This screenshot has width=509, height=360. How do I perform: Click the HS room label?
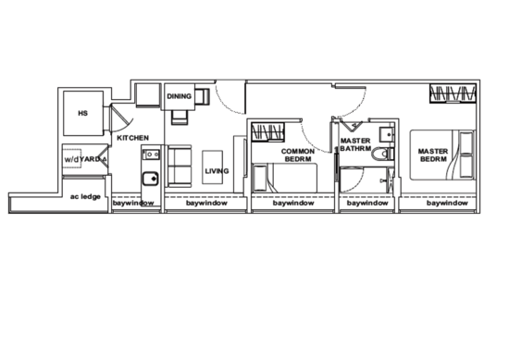[82, 114]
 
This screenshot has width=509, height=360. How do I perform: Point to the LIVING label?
[217, 171]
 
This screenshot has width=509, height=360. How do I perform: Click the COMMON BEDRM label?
[299, 154]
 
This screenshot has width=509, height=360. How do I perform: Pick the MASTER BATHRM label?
[355, 144]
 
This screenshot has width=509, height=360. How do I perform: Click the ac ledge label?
[84, 197]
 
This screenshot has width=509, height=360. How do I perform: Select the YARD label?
[86, 160]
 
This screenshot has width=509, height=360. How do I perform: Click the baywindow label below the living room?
[205, 202]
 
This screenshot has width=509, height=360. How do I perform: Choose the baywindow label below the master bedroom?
[448, 202]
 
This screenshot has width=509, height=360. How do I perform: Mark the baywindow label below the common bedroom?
[294, 202]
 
